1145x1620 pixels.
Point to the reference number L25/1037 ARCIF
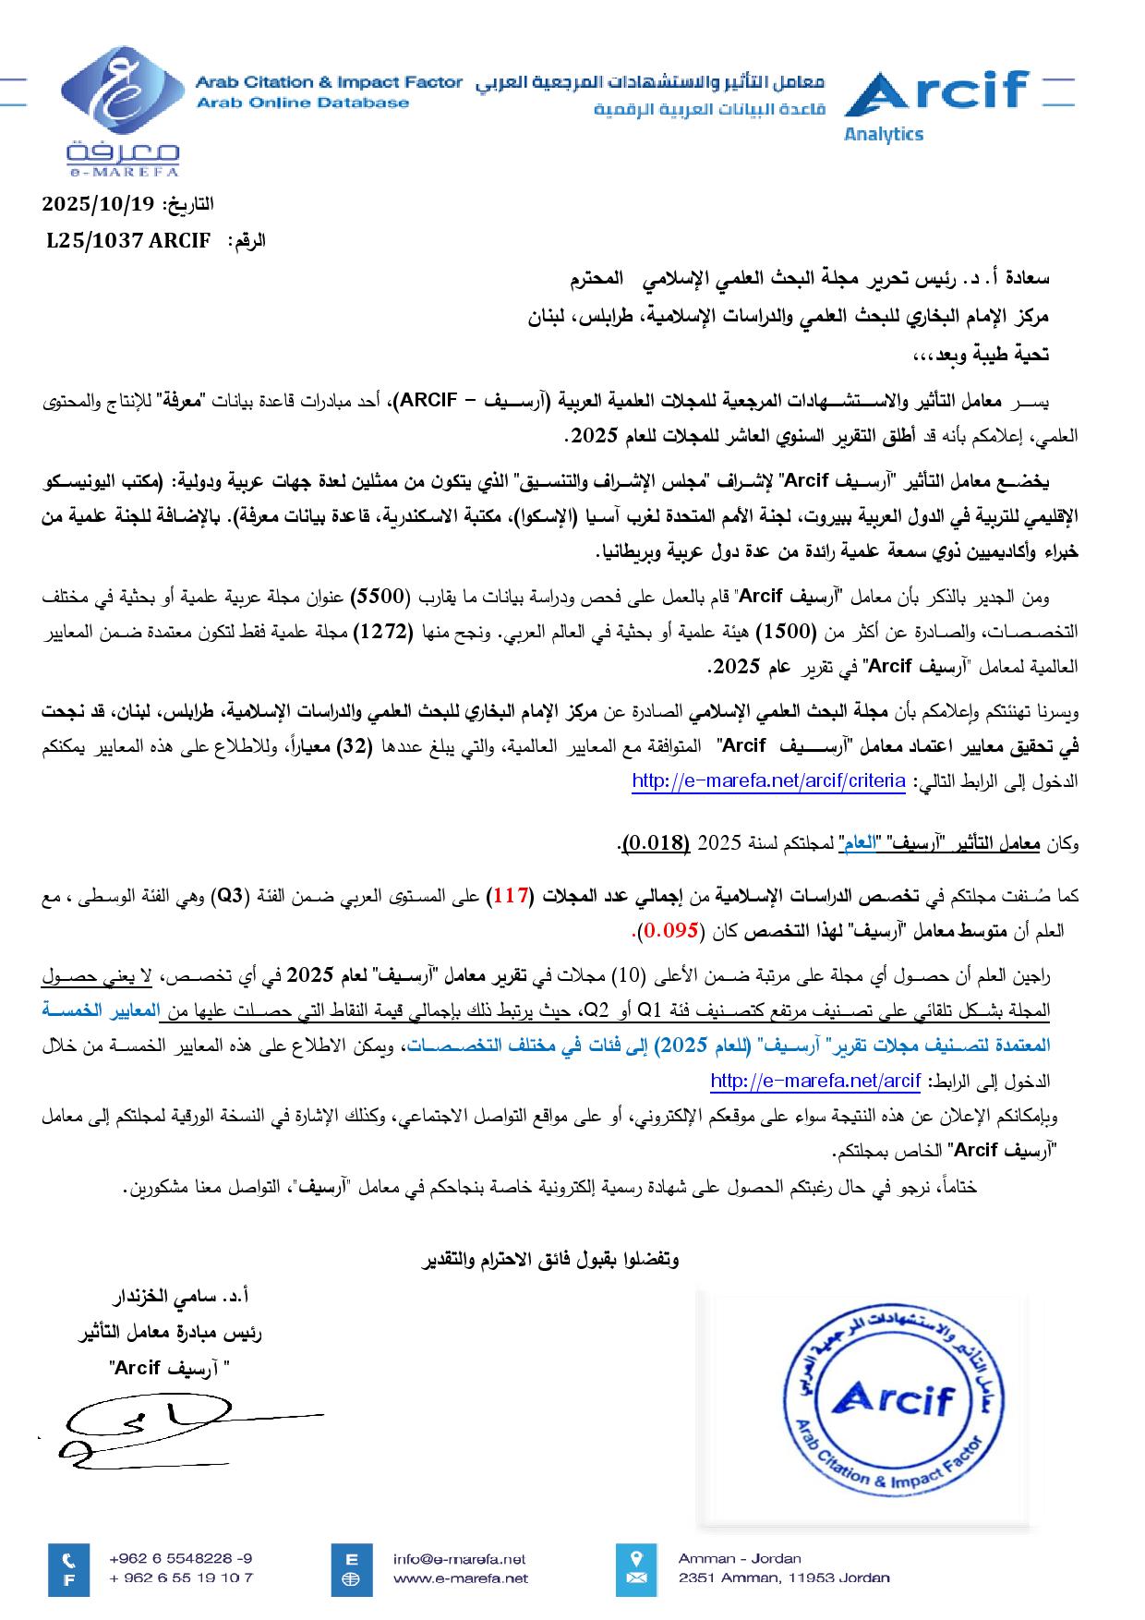(129, 241)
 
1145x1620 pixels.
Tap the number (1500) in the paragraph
(784, 632)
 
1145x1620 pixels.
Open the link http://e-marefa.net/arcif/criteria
(768, 781)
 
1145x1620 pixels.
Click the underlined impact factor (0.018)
(656, 842)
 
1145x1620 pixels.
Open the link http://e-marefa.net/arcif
(815, 1081)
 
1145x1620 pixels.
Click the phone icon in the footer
(69, 1558)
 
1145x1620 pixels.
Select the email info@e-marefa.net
(459, 1559)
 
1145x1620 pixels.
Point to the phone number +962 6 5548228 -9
(180, 1558)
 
